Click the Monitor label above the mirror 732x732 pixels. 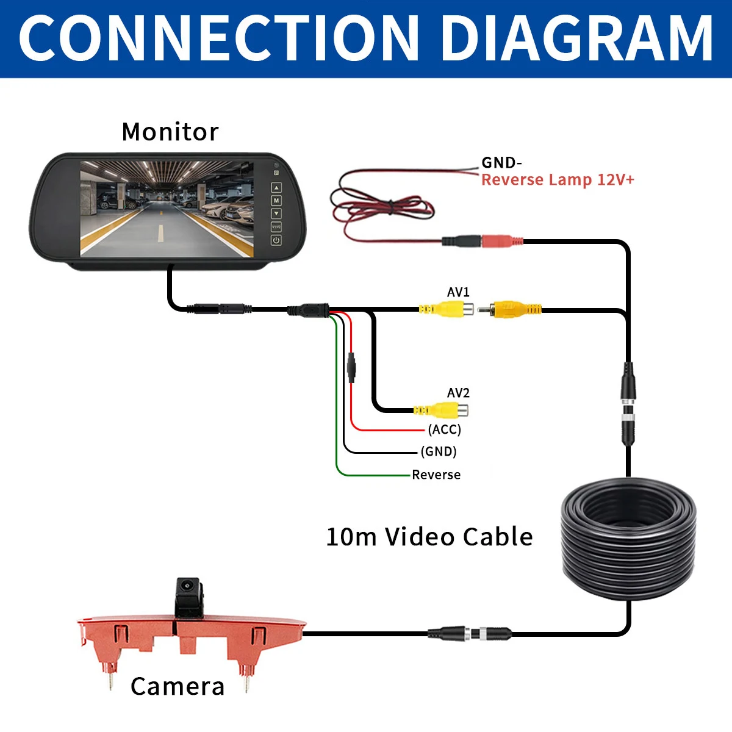pyautogui.click(x=170, y=132)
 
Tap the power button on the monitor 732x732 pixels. pyautogui.click(x=276, y=240)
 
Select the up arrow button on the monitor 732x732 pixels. pyautogui.click(x=276, y=187)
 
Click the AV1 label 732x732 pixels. pyautogui.click(x=458, y=292)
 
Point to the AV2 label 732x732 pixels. pyautogui.click(x=458, y=392)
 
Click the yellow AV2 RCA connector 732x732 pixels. pyautogui.click(x=441, y=411)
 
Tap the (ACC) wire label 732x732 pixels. pyautogui.click(x=445, y=429)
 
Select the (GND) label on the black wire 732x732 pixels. pyautogui.click(x=439, y=451)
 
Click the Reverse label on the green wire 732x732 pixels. pyautogui.click(x=436, y=475)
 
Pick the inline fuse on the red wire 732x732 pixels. pyautogui.click(x=351, y=367)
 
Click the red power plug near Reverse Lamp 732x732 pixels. pyautogui.click(x=502, y=241)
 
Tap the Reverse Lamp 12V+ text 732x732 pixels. pyautogui.click(x=558, y=180)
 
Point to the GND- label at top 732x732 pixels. pyautogui.click(x=501, y=163)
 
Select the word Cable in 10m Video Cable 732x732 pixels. pyautogui.click(x=497, y=537)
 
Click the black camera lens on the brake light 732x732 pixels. pyautogui.click(x=187, y=586)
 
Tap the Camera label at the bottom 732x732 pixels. pyautogui.click(x=178, y=687)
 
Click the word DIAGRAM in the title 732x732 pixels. pyautogui.click(x=576, y=38)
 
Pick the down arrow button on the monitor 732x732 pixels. pyautogui.click(x=276, y=213)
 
